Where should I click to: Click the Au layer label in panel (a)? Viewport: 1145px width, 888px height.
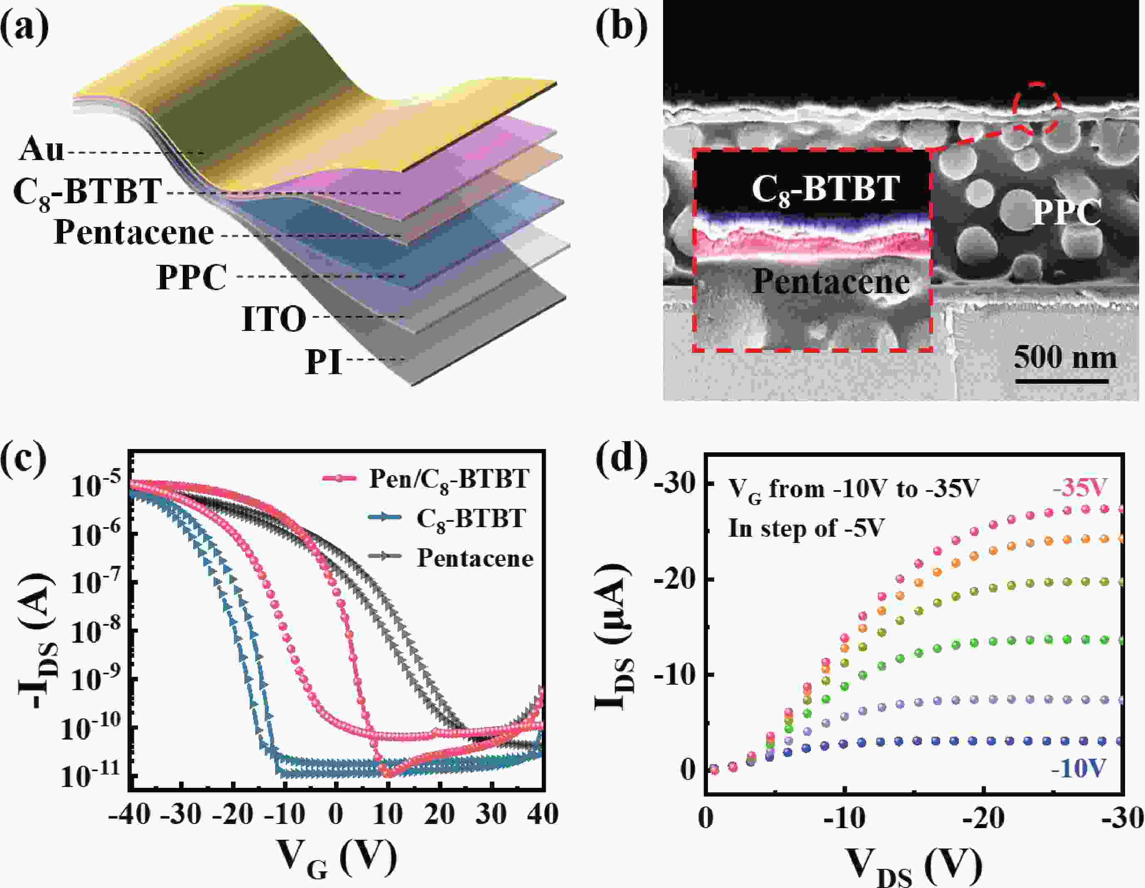coord(42,150)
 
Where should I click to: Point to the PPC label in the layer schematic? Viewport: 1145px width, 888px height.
coord(192,277)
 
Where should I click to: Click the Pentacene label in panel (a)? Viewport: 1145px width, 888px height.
coord(134,233)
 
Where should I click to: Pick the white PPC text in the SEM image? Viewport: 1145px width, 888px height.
coord(1066,212)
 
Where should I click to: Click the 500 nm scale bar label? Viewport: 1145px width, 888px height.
coord(1065,358)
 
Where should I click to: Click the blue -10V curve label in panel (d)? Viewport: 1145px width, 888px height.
coord(1079,768)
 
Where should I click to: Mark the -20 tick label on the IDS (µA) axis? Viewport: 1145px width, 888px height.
coord(674,580)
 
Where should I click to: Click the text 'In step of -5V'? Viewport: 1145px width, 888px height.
coord(806,528)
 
